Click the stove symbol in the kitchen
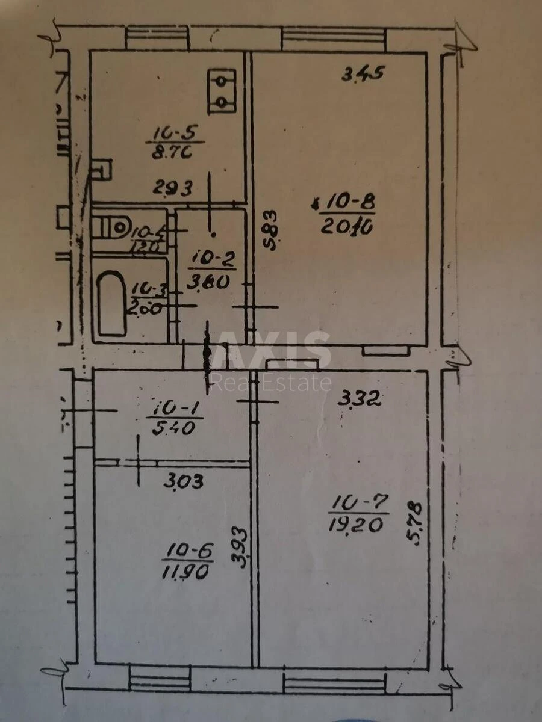pyautogui.click(x=222, y=91)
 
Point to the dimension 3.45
pyautogui.click(x=363, y=74)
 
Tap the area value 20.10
pyautogui.click(x=347, y=227)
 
